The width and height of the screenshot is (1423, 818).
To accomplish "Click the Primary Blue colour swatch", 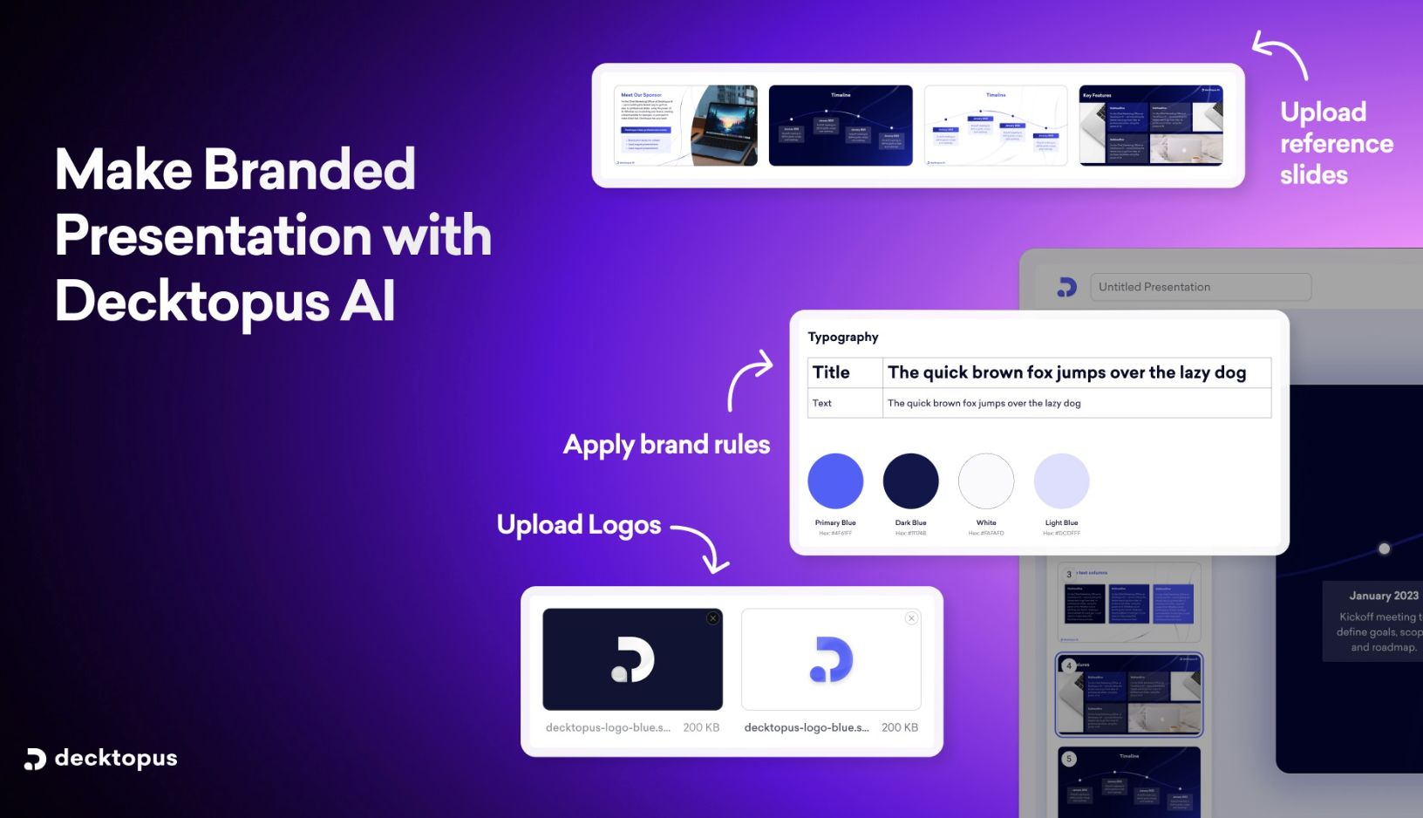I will pyautogui.click(x=835, y=481).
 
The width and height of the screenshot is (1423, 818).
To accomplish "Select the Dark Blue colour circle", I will pyautogui.click(x=910, y=481).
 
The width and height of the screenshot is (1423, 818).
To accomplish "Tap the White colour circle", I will pyautogui.click(x=986, y=481).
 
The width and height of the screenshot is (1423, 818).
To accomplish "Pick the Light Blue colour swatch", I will pyautogui.click(x=1061, y=481).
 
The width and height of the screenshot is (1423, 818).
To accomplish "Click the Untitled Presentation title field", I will pyautogui.click(x=1200, y=287).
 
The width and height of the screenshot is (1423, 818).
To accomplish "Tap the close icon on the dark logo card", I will pyautogui.click(x=713, y=618).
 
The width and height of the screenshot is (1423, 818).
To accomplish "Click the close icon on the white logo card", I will pyautogui.click(x=911, y=618).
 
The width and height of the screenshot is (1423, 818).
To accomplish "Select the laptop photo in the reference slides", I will pyautogui.click(x=725, y=126).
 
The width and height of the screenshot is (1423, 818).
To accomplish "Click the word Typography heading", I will pyautogui.click(x=843, y=337).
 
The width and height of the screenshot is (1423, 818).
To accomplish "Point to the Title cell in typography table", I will pyautogui.click(x=832, y=372).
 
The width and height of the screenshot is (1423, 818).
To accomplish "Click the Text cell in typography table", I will pyautogui.click(x=822, y=403).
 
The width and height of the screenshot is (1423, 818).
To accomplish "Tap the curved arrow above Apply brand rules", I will pyautogui.click(x=748, y=378).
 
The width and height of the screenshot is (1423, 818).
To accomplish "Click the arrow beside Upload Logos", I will pyautogui.click(x=703, y=548).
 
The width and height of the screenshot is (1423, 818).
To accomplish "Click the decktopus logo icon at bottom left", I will pyautogui.click(x=35, y=759).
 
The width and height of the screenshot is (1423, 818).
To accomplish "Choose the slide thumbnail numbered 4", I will pyautogui.click(x=1129, y=694).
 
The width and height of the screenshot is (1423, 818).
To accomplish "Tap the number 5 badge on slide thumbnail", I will pyautogui.click(x=1069, y=759).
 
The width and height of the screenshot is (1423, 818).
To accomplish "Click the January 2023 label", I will pyautogui.click(x=1383, y=596).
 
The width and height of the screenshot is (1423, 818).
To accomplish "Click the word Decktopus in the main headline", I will pyautogui.click(x=193, y=302).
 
